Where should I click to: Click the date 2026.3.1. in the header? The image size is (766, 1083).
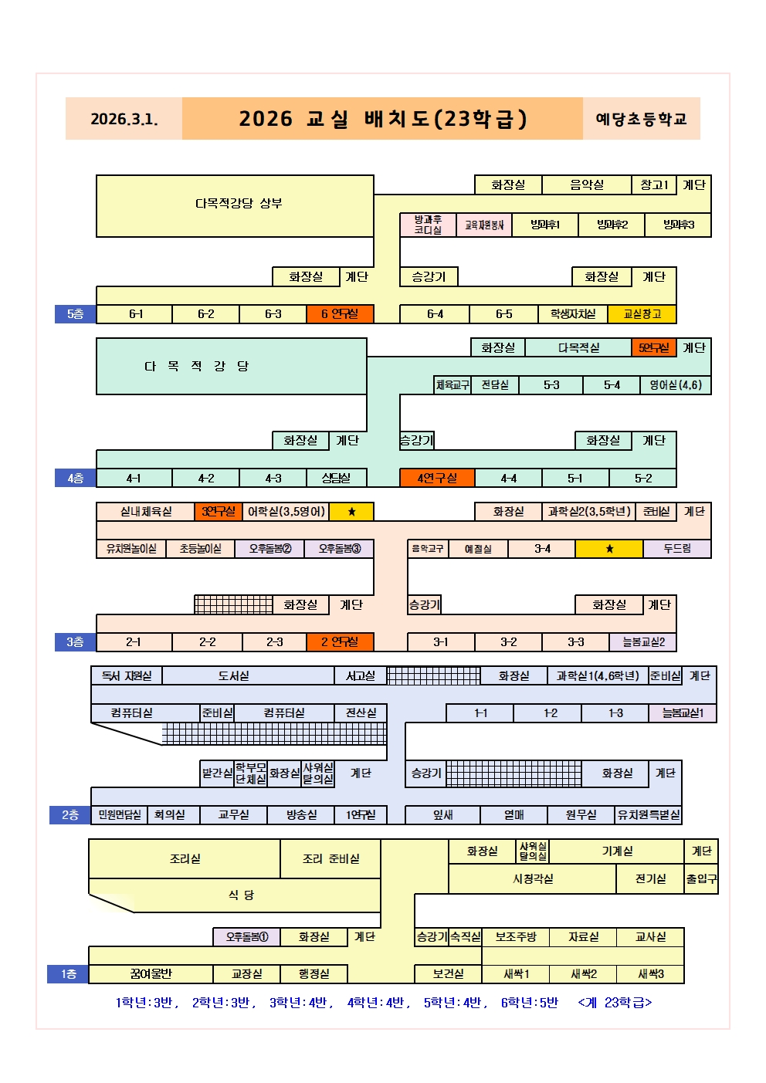(x=124, y=119)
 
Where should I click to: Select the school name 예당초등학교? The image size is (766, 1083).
(x=641, y=119)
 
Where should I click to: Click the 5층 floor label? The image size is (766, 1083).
(x=75, y=314)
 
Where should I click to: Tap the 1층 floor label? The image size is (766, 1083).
(x=68, y=974)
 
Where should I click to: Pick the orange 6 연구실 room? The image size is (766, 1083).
(x=340, y=314)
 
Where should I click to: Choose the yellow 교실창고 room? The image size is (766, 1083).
(x=642, y=314)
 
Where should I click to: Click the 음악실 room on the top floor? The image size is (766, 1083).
(x=586, y=185)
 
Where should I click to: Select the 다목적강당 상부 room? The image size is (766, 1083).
(x=238, y=204)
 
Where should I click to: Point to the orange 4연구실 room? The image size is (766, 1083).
(x=437, y=479)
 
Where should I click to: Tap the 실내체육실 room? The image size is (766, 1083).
(x=146, y=512)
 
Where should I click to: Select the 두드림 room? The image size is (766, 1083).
(x=677, y=549)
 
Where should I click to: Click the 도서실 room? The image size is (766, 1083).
(x=233, y=676)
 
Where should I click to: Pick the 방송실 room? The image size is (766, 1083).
(x=301, y=815)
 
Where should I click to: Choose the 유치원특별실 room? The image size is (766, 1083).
(x=649, y=815)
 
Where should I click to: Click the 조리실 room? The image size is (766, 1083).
(x=185, y=859)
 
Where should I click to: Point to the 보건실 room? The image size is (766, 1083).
(x=448, y=974)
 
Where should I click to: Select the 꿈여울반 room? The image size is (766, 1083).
(x=151, y=974)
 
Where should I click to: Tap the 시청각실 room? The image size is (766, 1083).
(x=533, y=879)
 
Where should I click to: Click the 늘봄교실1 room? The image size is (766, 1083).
(x=683, y=713)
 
